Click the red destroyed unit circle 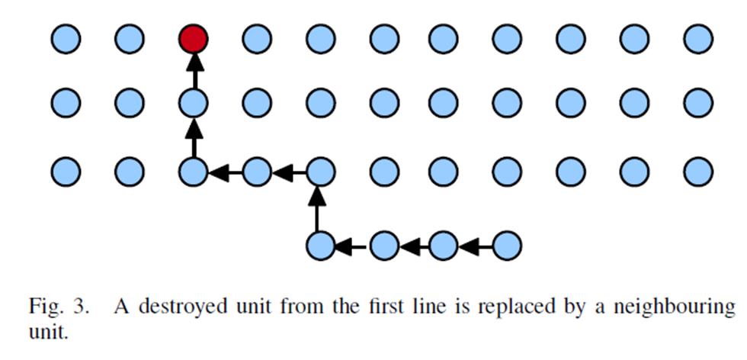click(193, 39)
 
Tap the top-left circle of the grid click(66, 39)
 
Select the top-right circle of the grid click(697, 39)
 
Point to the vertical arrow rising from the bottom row click(320, 209)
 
